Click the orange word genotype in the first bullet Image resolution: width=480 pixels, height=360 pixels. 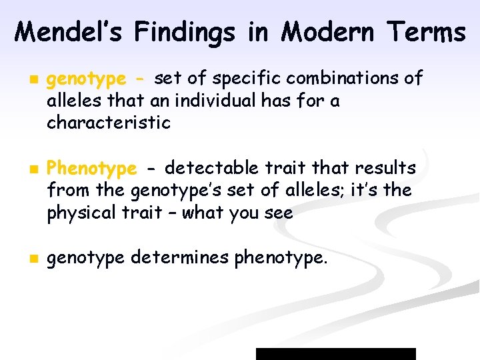click(x=85, y=79)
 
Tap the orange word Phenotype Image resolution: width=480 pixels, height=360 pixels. click(x=92, y=168)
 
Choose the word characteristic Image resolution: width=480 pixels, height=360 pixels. click(x=109, y=123)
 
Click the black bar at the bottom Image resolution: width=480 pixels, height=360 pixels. click(x=336, y=354)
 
